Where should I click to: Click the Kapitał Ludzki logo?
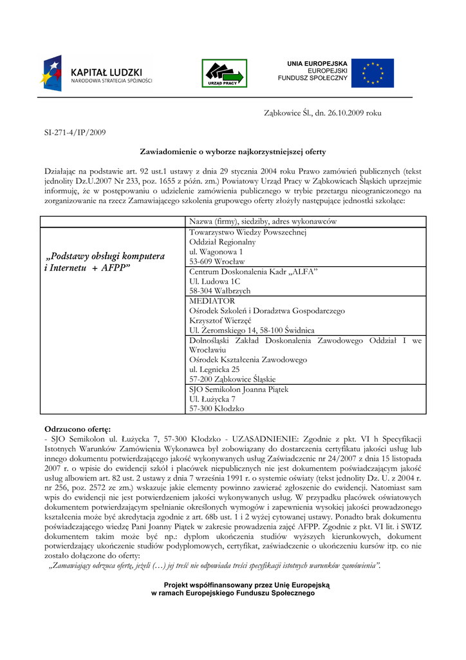click(x=97, y=73)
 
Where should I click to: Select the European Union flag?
click(x=373, y=73)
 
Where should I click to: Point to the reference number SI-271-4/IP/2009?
click(x=75, y=132)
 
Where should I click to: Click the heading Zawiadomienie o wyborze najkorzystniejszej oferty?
click(x=233, y=151)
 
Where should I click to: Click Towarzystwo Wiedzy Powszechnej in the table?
click(x=248, y=232)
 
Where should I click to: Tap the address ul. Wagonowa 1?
click(x=216, y=251)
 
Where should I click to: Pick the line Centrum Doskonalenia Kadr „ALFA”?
click(x=254, y=271)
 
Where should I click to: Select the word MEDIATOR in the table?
click(x=212, y=300)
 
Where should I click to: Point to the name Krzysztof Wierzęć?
click(x=220, y=320)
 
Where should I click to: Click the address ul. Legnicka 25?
click(x=214, y=369)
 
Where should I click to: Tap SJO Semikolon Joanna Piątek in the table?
click(x=239, y=389)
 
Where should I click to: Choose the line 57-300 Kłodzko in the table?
click(x=217, y=409)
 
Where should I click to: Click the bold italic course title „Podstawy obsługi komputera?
click(x=105, y=256)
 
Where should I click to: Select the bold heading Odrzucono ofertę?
click(x=77, y=429)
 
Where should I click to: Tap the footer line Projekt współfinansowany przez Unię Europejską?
click(x=247, y=585)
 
